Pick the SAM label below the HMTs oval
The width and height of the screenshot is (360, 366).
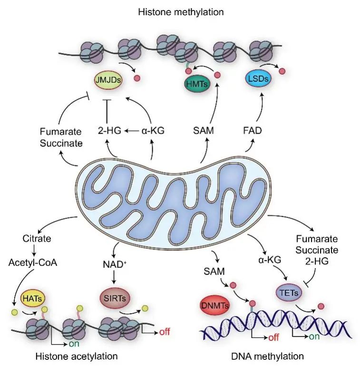(204, 130)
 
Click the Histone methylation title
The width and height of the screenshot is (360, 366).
(180, 11)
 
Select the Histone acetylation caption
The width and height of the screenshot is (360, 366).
(77, 356)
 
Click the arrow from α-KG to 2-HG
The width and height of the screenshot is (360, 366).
(132, 130)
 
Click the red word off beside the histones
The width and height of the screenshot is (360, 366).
(165, 331)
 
